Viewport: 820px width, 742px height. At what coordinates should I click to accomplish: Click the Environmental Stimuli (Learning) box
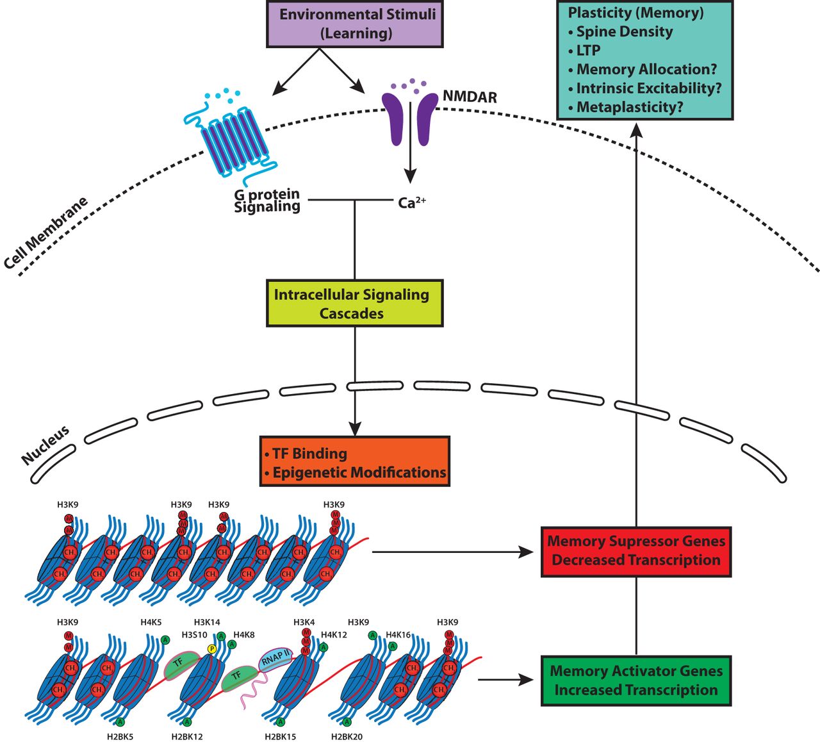point(355,24)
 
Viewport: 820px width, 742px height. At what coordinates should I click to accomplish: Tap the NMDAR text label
point(470,97)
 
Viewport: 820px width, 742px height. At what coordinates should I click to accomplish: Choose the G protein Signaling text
point(266,200)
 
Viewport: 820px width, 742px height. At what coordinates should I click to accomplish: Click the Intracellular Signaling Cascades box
point(354,304)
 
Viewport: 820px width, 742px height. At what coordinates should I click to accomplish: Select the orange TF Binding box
point(354,462)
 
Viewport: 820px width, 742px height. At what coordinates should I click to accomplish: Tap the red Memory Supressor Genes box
point(635,551)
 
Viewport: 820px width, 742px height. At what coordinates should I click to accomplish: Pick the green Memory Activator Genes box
point(635,680)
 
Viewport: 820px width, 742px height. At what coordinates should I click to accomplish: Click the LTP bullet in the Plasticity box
point(587,51)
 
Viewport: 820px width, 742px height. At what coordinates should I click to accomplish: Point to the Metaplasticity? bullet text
point(629,107)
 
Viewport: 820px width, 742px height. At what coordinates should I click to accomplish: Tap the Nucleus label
point(45,445)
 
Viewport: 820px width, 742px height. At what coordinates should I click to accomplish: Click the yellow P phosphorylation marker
point(211,648)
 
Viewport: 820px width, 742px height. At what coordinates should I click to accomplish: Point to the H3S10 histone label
point(194,635)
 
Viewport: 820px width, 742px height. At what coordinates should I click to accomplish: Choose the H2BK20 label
point(347,736)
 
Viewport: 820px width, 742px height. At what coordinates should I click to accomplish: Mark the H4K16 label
point(398,635)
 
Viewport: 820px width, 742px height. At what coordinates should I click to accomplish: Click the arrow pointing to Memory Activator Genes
point(506,680)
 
